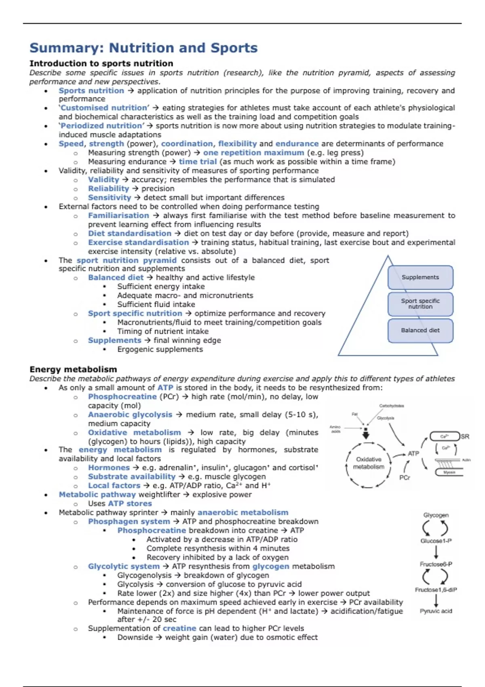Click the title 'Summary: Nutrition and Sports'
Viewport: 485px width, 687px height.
(143, 48)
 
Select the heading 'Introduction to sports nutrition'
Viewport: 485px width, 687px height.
(101, 63)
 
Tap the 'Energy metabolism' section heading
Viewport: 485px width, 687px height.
(73, 369)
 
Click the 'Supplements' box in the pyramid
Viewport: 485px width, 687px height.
(420, 277)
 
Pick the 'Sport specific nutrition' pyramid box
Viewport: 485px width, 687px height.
(420, 304)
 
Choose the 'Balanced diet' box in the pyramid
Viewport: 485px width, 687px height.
(420, 330)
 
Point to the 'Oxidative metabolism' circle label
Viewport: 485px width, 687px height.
(369, 463)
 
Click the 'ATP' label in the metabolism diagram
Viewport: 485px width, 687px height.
(413, 454)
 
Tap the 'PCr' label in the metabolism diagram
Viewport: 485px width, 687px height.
(405, 477)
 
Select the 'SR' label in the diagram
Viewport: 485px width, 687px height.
(465, 436)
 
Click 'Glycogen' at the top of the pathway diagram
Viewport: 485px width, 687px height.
(436, 515)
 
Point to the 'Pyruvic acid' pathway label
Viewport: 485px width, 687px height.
(436, 611)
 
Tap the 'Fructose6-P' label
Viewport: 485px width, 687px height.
(436, 564)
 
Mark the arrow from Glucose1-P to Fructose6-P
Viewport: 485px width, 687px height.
(436, 552)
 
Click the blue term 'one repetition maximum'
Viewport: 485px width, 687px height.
(253, 153)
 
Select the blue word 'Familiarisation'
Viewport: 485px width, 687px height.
(118, 216)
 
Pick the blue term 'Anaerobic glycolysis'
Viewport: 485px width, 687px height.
(130, 415)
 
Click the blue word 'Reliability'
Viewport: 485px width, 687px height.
(108, 189)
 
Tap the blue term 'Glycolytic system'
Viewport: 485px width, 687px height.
(124, 567)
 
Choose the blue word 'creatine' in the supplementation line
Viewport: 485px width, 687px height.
(179, 628)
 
